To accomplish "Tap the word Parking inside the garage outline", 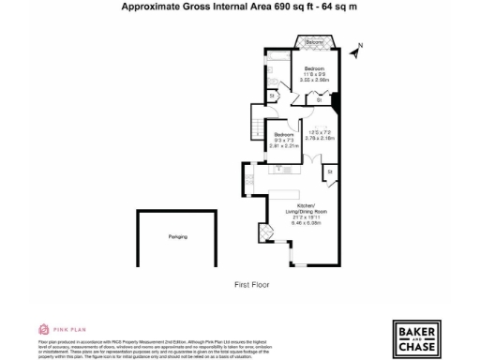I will (177, 236).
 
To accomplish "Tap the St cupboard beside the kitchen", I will (330, 173).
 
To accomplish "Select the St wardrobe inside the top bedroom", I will (321, 98).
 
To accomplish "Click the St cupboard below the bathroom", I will (273, 95).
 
